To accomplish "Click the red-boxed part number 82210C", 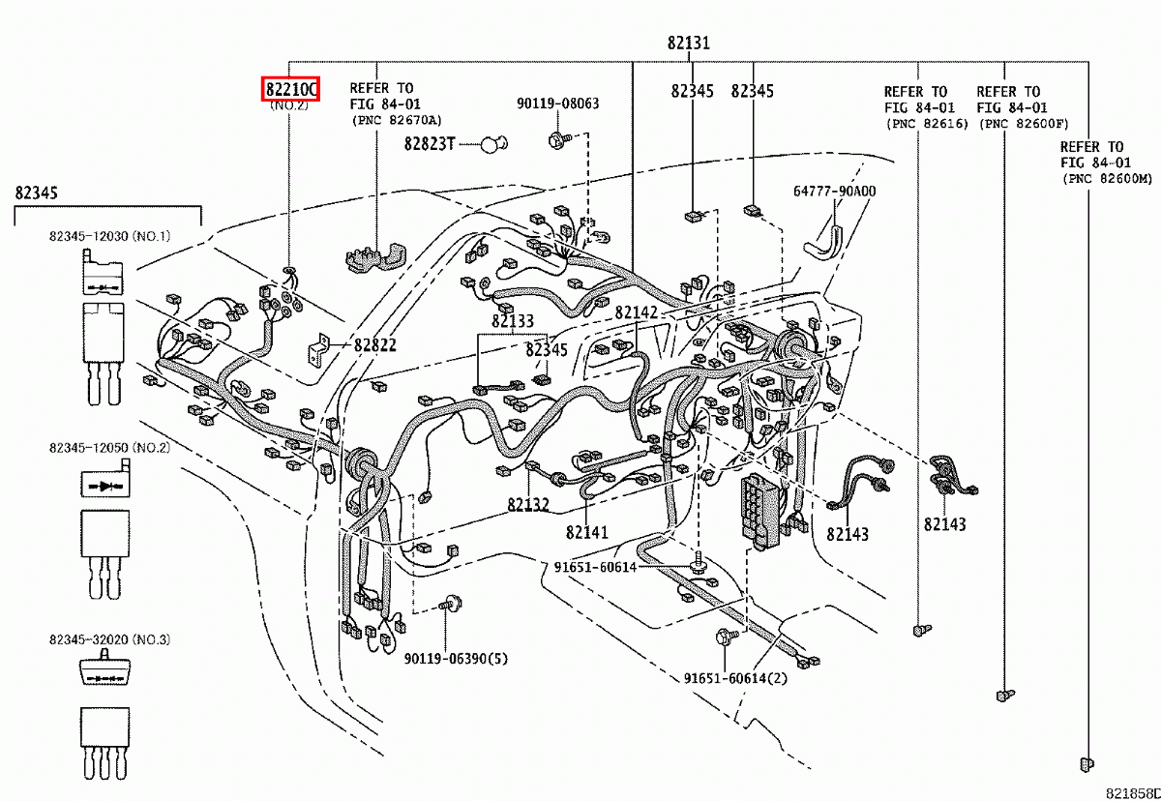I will coord(290,89).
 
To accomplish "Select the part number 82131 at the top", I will coord(688,43).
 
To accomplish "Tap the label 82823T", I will coord(429,145).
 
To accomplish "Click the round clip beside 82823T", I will coord(494,145).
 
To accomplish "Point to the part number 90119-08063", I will coord(557,104).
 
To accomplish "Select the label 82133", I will coord(512,321).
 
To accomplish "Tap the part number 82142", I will coord(636,312).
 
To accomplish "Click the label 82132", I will coord(527,504).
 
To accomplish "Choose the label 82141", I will coord(587,531).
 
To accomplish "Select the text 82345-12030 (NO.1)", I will coord(109,236).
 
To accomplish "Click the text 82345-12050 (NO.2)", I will coord(109,448).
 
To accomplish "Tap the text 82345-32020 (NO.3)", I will coord(109,639).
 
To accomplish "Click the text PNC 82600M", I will coord(1108,179).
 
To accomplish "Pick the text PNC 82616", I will coord(926,124).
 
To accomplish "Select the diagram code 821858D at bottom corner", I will coord(1133,791).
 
